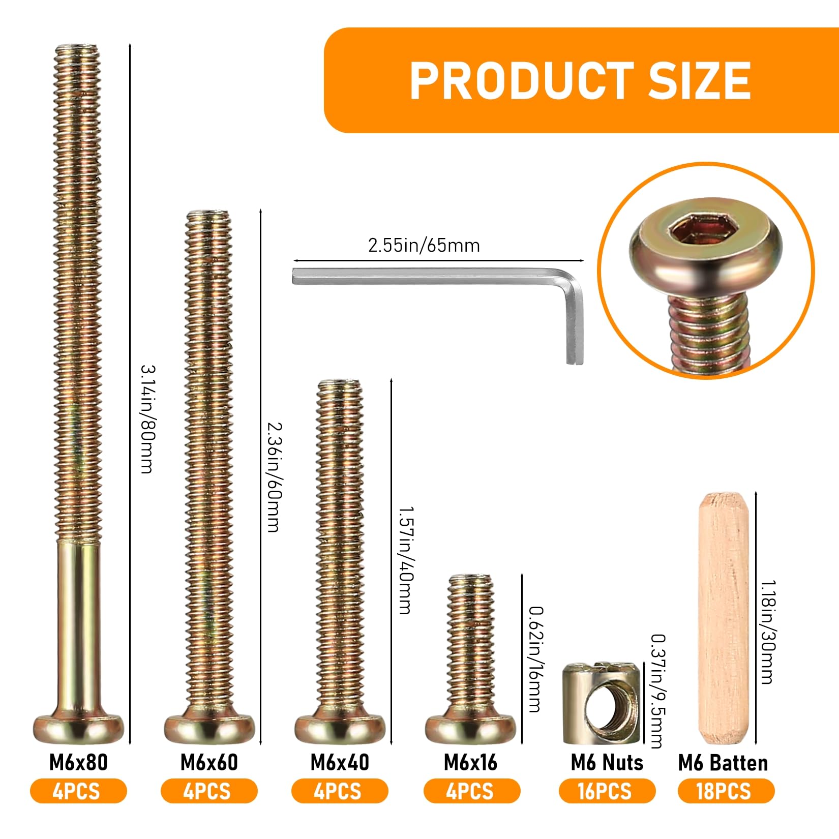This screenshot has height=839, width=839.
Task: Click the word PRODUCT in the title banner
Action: pos(522,80)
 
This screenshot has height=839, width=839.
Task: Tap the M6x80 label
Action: pos(78,762)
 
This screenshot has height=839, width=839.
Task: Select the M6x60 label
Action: pos(209,762)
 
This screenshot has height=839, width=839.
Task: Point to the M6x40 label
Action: pos(340,762)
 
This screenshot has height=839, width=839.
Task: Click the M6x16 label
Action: pos(471,762)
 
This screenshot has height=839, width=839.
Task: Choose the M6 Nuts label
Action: pos(607,762)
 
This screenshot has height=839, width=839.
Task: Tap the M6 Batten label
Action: pos(723,763)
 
